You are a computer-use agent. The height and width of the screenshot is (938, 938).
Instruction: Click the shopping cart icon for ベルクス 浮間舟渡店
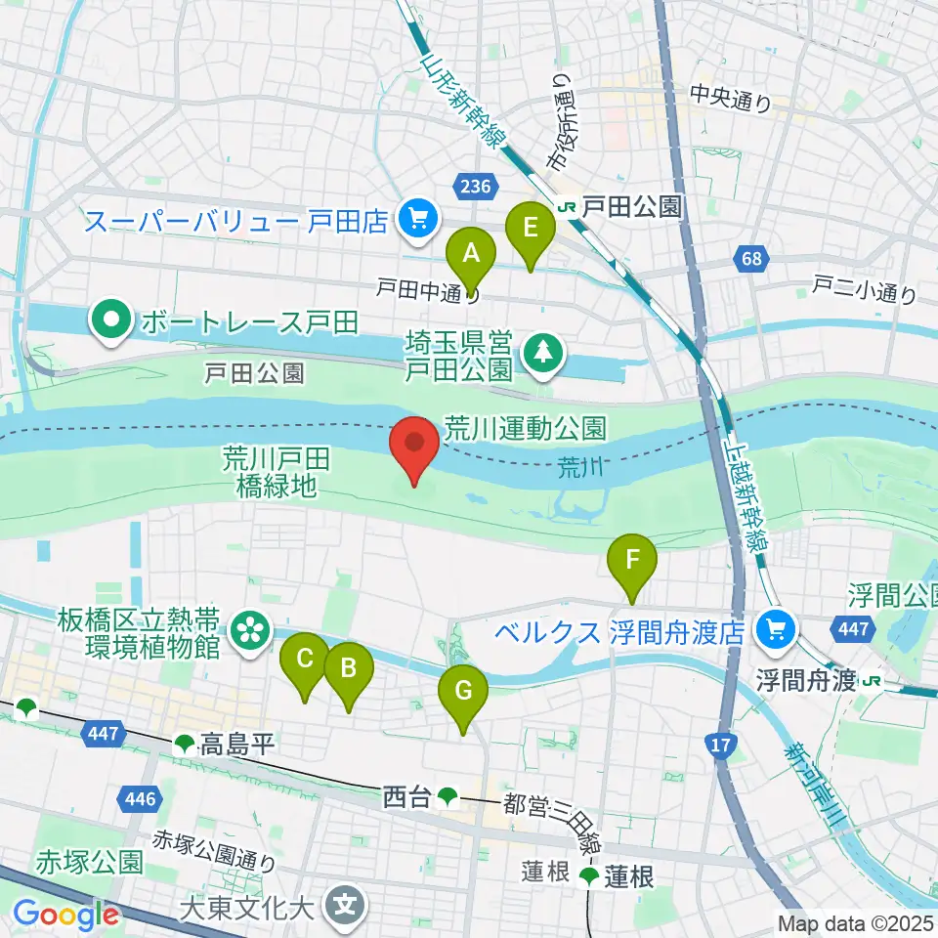point(778,631)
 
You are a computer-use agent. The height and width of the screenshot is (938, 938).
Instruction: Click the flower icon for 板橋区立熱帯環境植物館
point(251,630)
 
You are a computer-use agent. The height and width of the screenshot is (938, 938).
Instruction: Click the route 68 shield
point(750,260)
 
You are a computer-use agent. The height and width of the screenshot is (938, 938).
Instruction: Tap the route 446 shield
point(139,799)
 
